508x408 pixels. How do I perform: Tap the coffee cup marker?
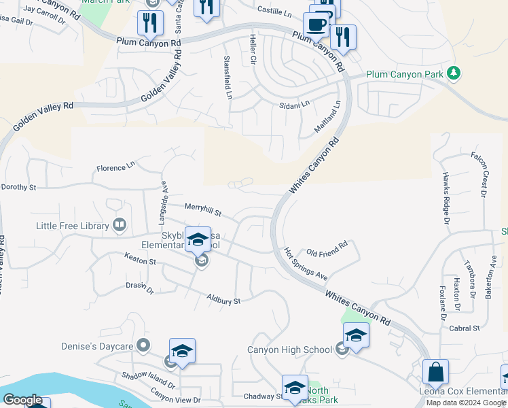click(x=316, y=25)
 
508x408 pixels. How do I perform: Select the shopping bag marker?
click(x=435, y=372)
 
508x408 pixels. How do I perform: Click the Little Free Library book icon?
click(x=120, y=224)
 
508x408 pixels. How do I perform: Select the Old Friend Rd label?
click(x=327, y=248)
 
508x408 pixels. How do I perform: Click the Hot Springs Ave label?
click(x=306, y=265)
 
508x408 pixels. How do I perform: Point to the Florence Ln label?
click(x=115, y=167)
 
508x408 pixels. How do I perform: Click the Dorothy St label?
click(x=18, y=186)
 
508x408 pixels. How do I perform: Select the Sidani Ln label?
click(x=294, y=105)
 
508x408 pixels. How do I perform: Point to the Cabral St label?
click(x=465, y=328)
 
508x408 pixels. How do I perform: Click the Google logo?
click(x=22, y=400)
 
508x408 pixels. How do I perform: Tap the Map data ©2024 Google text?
click(x=465, y=403)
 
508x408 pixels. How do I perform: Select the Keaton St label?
click(x=140, y=259)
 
